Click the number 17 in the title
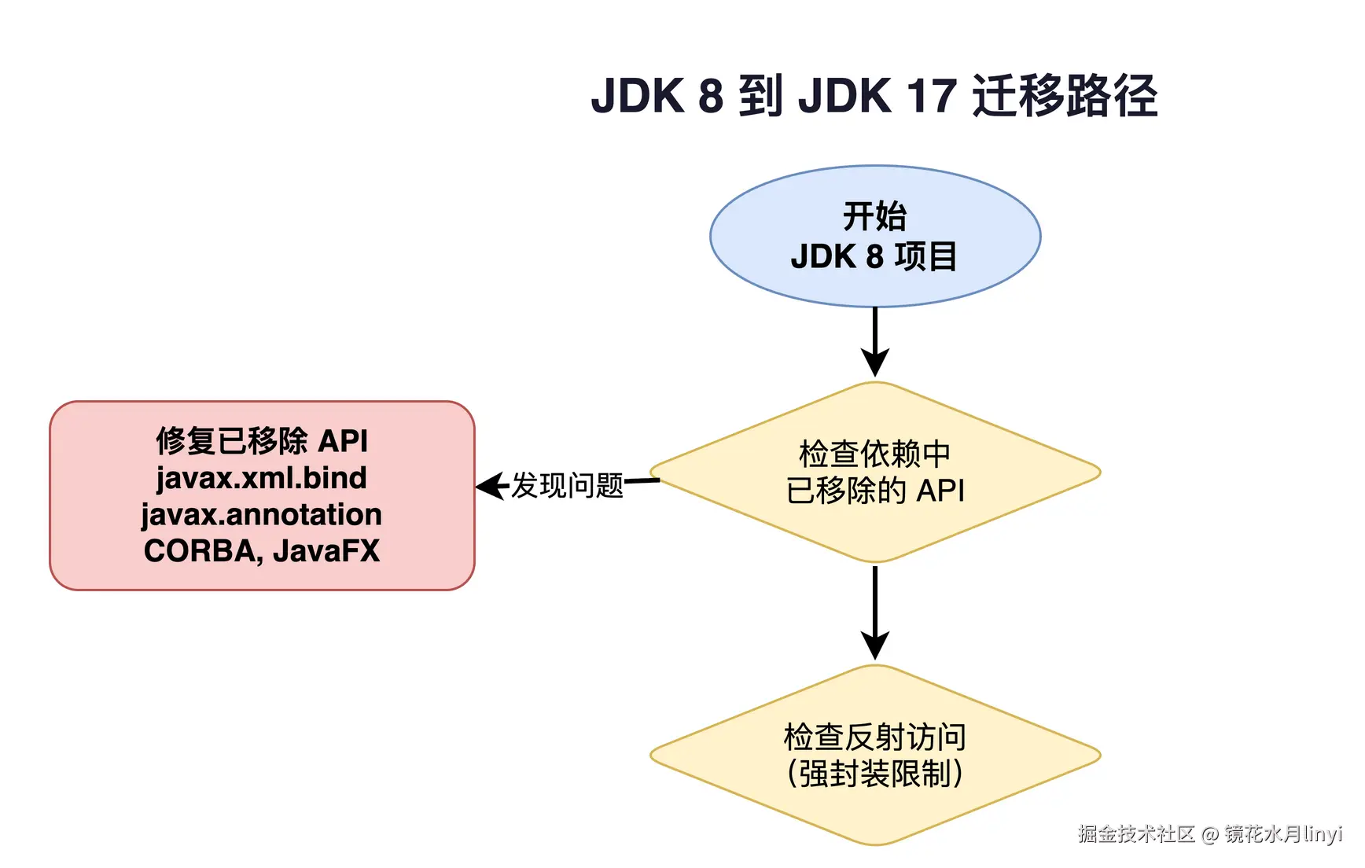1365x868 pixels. point(931,96)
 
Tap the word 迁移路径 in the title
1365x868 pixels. point(1065,96)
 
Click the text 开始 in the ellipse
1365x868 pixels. point(874,216)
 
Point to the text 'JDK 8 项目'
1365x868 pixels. point(874,257)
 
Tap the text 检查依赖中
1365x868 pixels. point(874,454)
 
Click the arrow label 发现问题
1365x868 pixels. point(567,486)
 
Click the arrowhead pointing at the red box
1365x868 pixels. point(489,486)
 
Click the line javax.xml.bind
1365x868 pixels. point(261,478)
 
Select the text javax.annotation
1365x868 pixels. point(261,515)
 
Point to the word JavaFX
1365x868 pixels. point(326,551)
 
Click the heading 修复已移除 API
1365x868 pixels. point(261,441)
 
